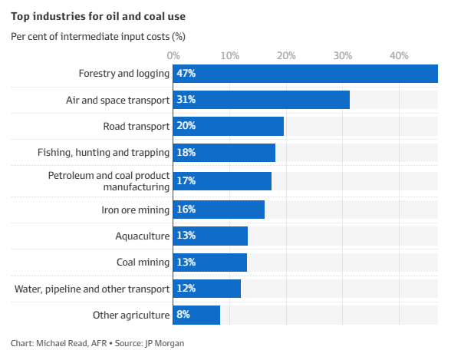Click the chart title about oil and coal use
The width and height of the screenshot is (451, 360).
click(97, 15)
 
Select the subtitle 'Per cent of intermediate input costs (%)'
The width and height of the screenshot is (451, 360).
click(97, 36)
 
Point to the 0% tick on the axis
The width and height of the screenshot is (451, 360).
click(173, 55)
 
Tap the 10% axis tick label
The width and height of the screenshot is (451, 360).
click(229, 55)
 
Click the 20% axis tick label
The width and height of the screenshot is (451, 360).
click(285, 55)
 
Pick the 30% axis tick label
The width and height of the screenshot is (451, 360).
click(342, 55)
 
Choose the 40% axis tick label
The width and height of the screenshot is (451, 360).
click(398, 55)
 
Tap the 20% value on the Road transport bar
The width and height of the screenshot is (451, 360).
click(186, 126)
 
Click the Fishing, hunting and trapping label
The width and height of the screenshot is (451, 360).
click(104, 153)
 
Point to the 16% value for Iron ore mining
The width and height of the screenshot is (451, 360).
click(186, 210)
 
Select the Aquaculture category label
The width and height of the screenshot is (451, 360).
click(142, 236)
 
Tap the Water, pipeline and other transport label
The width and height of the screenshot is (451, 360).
click(92, 289)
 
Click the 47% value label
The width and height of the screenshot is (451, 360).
click(186, 74)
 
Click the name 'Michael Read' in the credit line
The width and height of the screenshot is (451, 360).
click(63, 343)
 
